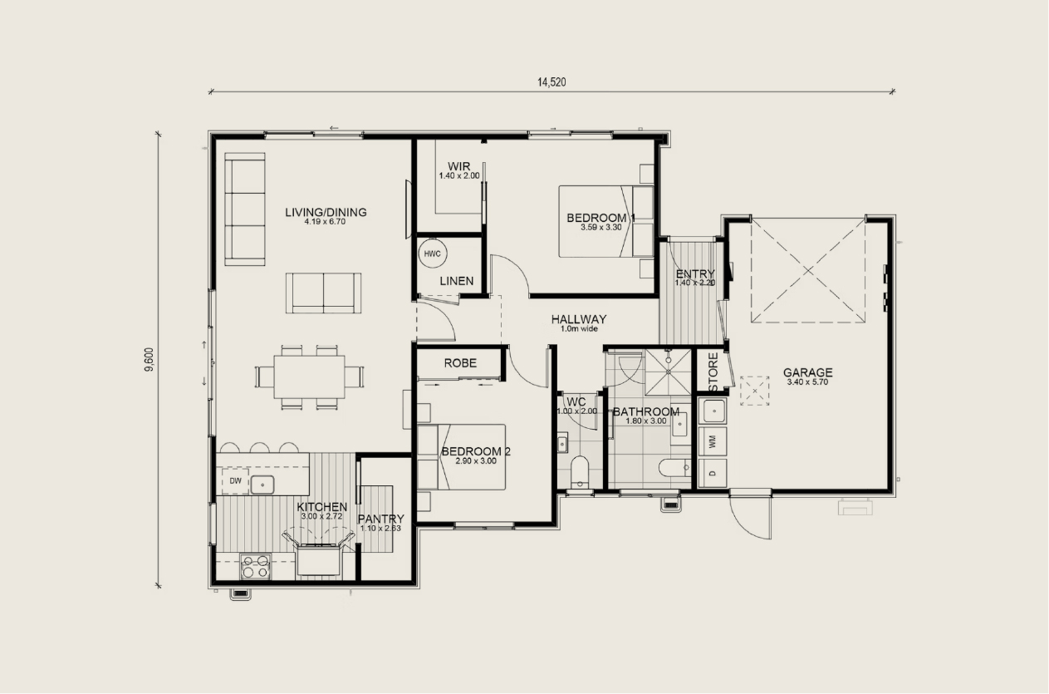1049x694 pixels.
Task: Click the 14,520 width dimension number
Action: tap(551, 82)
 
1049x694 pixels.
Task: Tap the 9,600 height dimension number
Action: tap(149, 359)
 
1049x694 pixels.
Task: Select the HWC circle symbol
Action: tap(432, 253)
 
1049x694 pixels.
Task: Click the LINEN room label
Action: tap(457, 281)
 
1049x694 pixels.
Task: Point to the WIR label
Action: tap(459, 166)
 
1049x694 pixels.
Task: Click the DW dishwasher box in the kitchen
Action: tap(235, 480)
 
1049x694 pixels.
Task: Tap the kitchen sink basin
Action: tap(262, 485)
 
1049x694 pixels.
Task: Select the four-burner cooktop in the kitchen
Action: tap(256, 566)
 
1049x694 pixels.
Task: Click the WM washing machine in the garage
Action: tap(713, 441)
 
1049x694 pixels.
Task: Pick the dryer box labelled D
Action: tap(713, 473)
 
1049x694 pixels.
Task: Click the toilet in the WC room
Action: tap(580, 472)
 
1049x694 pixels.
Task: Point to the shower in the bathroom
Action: tap(669, 372)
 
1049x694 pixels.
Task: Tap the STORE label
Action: tap(713, 372)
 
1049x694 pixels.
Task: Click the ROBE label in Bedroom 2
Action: tap(460, 363)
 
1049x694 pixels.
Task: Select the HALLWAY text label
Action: tap(579, 319)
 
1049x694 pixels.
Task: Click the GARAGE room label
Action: tap(808, 372)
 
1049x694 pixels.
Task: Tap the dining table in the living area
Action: tap(310, 377)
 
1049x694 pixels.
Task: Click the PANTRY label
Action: tap(380, 519)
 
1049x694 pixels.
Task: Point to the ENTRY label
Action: tap(695, 273)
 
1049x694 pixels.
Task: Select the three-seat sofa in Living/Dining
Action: tap(245, 209)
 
